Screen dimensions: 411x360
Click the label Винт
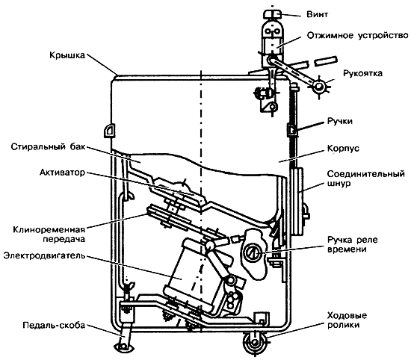point(317,14)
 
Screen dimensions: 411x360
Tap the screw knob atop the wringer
point(273,14)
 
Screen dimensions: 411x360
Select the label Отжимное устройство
point(357,35)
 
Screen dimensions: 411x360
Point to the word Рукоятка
point(362,73)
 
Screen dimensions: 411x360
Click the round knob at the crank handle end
point(319,87)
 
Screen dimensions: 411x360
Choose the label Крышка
point(67,55)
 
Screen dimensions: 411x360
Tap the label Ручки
point(340,121)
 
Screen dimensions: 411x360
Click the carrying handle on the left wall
point(110,130)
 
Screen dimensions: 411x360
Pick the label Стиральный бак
point(49,146)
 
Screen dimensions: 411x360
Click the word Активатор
point(63,173)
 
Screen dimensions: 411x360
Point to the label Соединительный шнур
point(366,179)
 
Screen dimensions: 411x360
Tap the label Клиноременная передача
point(49,235)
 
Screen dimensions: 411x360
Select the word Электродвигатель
point(45,255)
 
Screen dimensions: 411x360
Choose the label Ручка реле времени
point(352,244)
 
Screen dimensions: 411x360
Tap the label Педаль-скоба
point(54,326)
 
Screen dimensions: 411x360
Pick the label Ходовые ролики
point(347,320)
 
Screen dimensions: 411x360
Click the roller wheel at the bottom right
point(255,343)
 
